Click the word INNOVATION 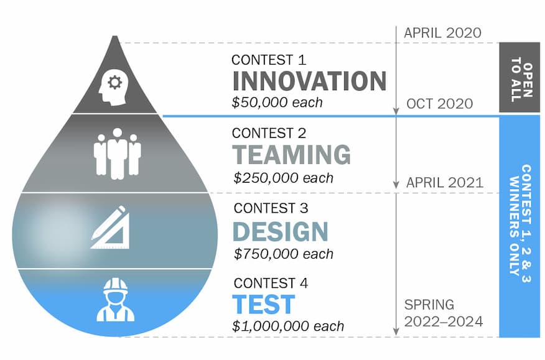(309, 81)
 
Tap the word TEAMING (292, 155)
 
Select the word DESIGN (280, 231)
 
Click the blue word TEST (263, 305)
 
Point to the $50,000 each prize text (277, 103)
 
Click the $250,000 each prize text (283, 178)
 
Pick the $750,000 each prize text (283, 254)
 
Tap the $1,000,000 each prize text (288, 326)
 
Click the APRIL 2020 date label (442, 33)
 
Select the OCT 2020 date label (439, 104)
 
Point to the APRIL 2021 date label (445, 183)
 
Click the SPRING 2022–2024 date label (443, 313)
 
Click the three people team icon (117, 154)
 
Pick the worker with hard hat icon (115, 300)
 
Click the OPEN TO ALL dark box (519, 78)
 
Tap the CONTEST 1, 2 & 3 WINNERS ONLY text (520, 223)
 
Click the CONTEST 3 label (271, 208)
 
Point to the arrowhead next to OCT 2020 (396, 111)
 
